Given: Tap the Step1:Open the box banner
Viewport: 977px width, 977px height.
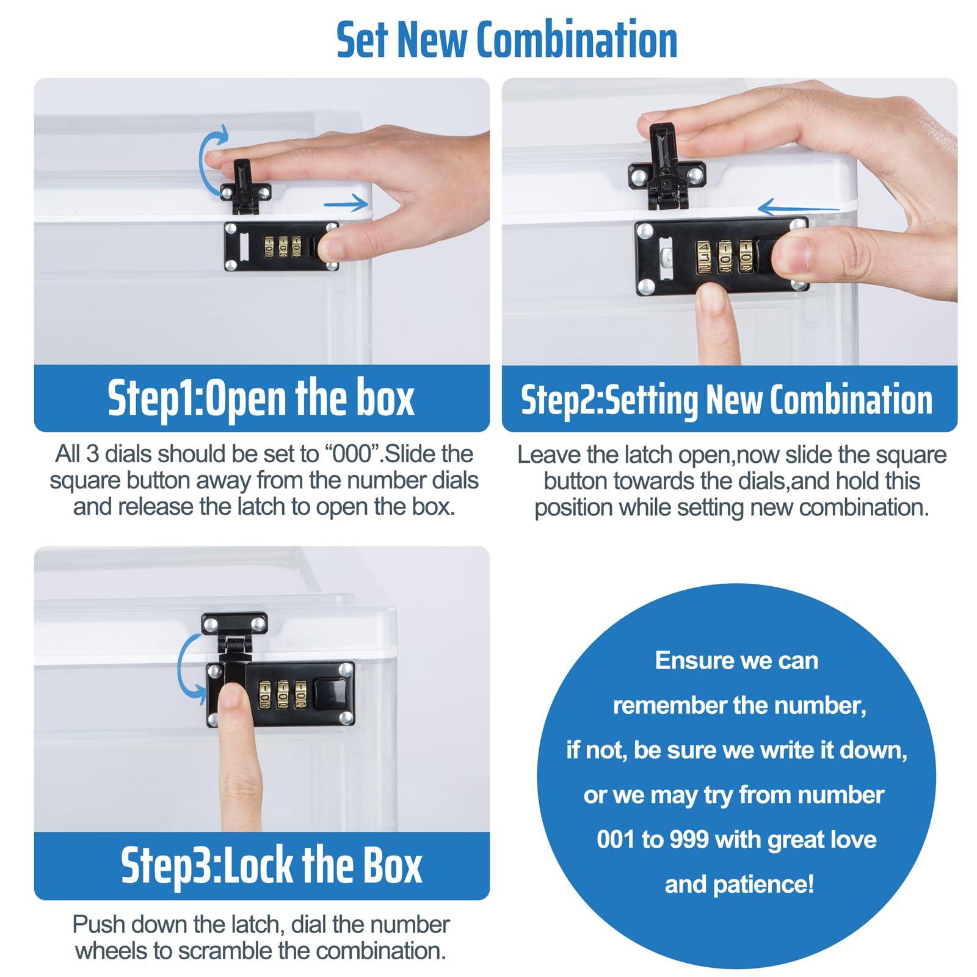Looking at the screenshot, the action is (x=261, y=399).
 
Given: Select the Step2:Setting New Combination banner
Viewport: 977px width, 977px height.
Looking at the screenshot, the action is (x=729, y=399).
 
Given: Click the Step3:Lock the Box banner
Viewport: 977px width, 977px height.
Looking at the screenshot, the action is (x=261, y=865).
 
